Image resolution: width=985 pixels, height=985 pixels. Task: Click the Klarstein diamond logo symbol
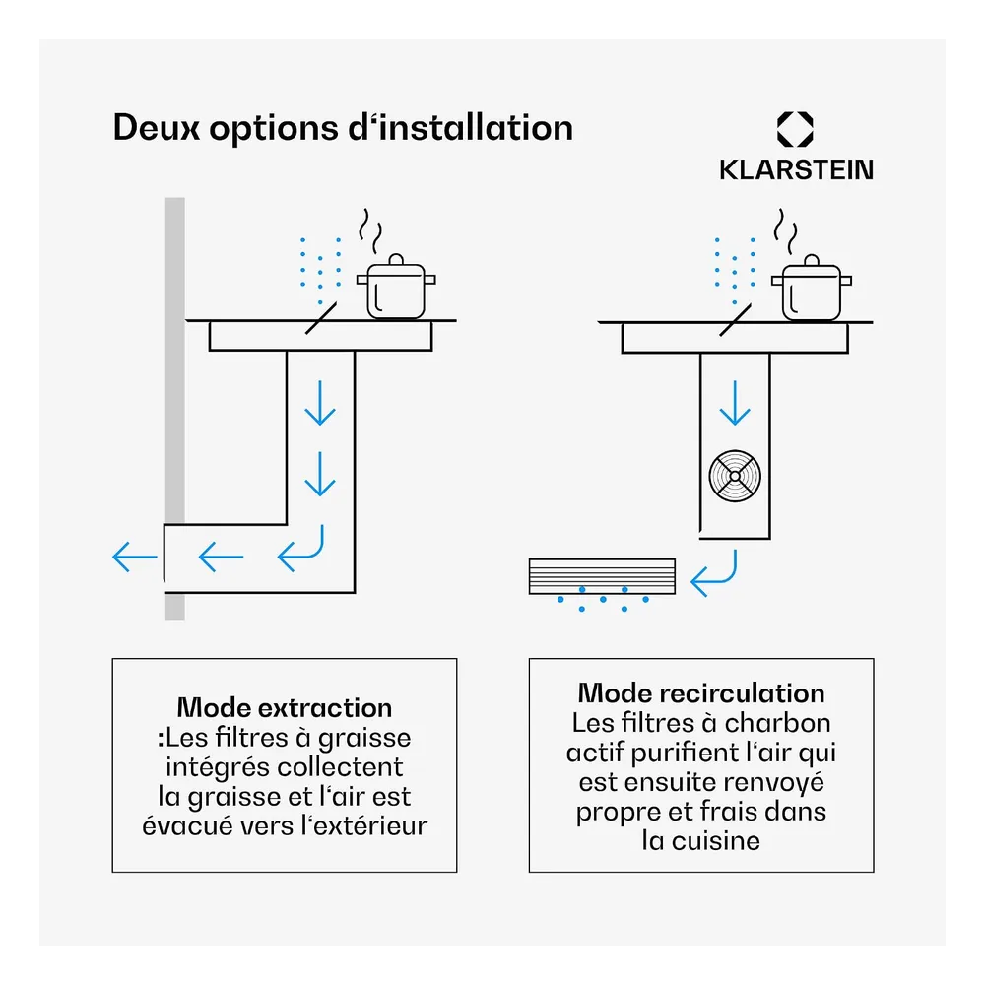pos(795,129)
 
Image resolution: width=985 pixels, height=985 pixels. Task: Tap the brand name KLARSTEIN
pos(796,170)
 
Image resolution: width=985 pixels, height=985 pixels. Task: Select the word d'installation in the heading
pos(460,127)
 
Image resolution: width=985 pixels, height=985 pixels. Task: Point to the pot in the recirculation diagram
pos(812,288)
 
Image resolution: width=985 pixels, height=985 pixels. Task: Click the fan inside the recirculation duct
pos(735,476)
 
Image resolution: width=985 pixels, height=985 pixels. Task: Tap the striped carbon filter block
pos(602,576)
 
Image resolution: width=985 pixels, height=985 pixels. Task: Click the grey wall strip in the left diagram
pos(175,409)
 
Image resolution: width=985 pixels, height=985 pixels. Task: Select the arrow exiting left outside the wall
pos(134,557)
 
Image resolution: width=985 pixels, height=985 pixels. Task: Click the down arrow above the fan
pos(735,403)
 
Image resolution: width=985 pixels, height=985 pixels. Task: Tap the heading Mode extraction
pos(285,708)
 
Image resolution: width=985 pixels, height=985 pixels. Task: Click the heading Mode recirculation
pos(701,693)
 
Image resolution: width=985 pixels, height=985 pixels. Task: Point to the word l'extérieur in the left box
pos(364,826)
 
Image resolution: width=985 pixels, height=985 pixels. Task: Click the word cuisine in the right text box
pos(715,841)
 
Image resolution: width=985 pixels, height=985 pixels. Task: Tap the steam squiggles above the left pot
pos(370,230)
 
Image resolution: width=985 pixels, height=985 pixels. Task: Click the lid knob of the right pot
pos(812,260)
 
